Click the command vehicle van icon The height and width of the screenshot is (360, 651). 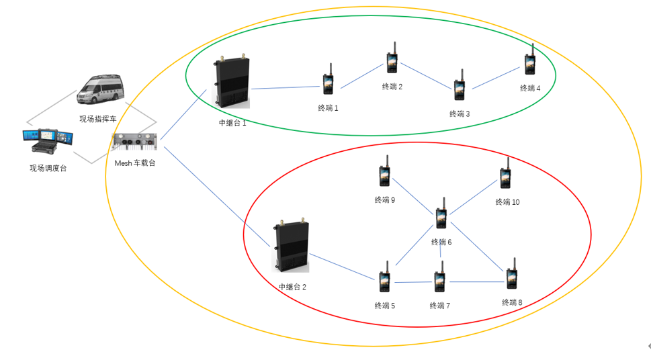(101, 91)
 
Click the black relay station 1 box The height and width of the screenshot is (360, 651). (232, 82)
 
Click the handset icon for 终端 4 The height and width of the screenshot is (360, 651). (529, 63)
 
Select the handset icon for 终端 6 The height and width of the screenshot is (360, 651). (441, 216)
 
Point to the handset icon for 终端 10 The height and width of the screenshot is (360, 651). (505, 176)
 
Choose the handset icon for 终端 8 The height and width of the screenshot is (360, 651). (511, 277)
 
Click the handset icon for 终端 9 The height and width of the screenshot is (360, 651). (384, 174)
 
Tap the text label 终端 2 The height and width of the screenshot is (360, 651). (392, 87)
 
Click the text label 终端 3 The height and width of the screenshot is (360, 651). (460, 114)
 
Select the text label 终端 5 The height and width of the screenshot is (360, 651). (385, 306)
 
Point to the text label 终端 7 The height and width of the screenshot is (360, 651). (440, 306)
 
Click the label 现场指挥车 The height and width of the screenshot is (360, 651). (98, 119)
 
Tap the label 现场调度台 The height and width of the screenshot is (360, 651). (48, 168)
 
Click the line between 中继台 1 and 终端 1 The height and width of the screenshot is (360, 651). (285, 87)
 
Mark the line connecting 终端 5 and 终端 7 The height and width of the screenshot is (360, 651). (412, 282)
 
